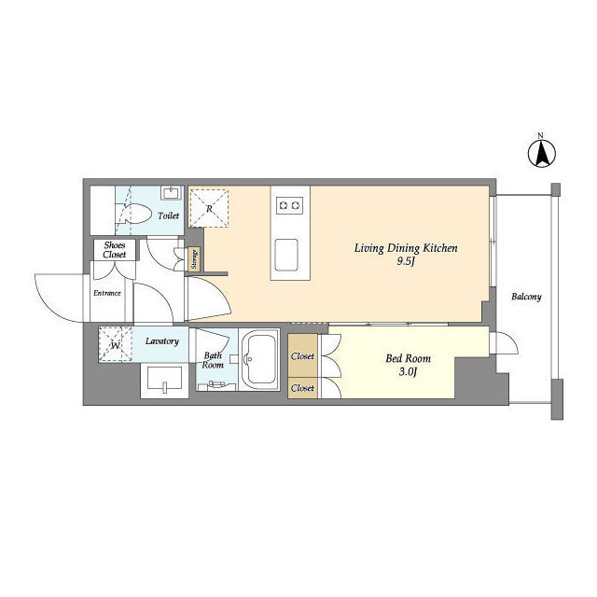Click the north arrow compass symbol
541,153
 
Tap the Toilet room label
168,215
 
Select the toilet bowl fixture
137,214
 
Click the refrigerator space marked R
209,208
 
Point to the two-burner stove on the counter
290,205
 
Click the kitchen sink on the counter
286,255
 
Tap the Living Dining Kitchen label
406,248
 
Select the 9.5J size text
405,261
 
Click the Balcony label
526,297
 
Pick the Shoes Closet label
114,250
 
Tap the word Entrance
107,293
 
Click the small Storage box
195,259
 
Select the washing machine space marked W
116,344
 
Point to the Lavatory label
161,341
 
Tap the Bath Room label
213,360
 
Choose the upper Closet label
302,356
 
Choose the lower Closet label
302,388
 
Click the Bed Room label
409,358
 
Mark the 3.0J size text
408,372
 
